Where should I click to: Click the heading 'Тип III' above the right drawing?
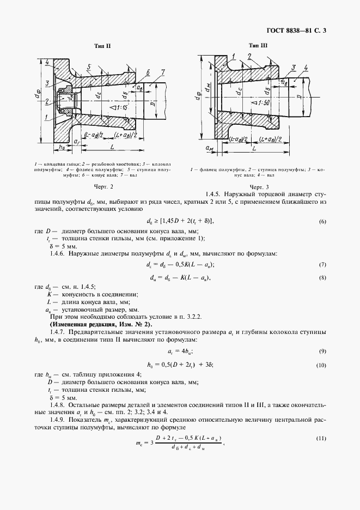tap(258, 47)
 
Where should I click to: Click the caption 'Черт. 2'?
tap(103, 187)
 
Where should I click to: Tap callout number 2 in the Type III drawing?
tap(249, 56)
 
